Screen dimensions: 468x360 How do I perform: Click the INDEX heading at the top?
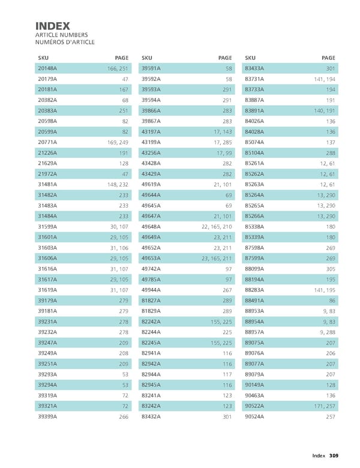point(53,26)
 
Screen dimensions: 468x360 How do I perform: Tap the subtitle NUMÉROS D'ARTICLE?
point(65,41)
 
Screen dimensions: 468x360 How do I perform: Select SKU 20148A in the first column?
point(47,68)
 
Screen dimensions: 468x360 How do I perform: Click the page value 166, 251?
point(116,68)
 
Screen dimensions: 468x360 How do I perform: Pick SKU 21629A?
point(47,163)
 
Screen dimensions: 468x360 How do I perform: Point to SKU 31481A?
point(47,184)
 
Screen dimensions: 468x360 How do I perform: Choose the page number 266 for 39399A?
point(123,416)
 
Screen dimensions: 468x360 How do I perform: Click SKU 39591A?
point(151,68)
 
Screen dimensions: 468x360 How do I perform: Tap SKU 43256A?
point(151,152)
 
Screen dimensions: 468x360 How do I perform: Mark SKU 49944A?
point(151,289)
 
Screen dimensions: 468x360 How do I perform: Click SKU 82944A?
point(151,374)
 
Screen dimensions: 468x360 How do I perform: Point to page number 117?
point(226,374)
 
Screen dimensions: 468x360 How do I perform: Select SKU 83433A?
point(256,68)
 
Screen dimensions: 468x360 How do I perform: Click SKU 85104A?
point(256,152)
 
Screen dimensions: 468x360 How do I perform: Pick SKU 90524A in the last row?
point(256,416)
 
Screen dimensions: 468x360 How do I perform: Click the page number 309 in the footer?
point(334,455)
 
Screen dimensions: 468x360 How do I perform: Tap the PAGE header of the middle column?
point(224,58)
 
